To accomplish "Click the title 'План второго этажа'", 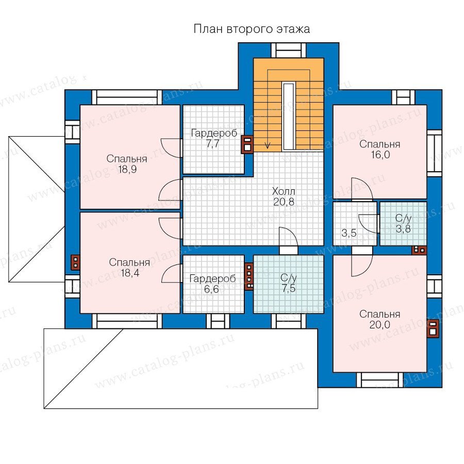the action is pyautogui.click(x=252, y=29).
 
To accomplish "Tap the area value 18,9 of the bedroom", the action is pyautogui.click(x=127, y=170).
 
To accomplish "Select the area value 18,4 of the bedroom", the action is pyautogui.click(x=130, y=273).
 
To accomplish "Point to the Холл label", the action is pyautogui.click(x=284, y=191).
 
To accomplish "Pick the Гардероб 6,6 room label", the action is pyautogui.click(x=212, y=284).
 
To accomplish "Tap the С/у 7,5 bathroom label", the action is pyautogui.click(x=289, y=283).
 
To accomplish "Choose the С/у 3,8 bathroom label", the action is pyautogui.click(x=403, y=223).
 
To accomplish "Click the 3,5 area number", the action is pyautogui.click(x=349, y=233).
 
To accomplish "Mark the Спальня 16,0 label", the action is pyautogui.click(x=380, y=150).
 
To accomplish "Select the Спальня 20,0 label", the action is pyautogui.click(x=379, y=319).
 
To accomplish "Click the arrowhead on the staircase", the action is pyautogui.click(x=268, y=145).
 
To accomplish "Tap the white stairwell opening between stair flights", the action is pyautogui.click(x=288, y=117).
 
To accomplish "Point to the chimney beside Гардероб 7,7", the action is pyautogui.click(x=247, y=144).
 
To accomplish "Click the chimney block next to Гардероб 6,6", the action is pyautogui.click(x=249, y=276).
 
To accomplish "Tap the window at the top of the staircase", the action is pyautogui.click(x=289, y=51).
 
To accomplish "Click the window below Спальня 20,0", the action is pyautogui.click(x=379, y=379).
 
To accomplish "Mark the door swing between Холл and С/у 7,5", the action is pyautogui.click(x=288, y=237).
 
